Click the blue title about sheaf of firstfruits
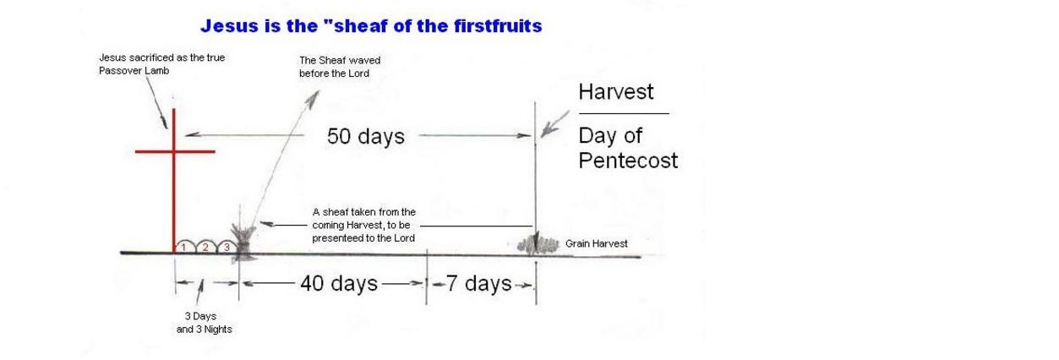(371, 25)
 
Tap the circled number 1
(183, 247)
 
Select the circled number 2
(205, 247)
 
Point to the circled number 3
(227, 247)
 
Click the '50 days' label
(365, 136)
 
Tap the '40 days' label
(339, 283)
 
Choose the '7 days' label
(479, 283)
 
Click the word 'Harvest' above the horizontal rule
(616, 91)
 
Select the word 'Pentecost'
(628, 161)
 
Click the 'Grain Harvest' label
(596, 243)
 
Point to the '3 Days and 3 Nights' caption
(204, 323)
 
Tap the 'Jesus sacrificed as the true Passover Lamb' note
(161, 63)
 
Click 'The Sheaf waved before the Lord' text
(340, 67)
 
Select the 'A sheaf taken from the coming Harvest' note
(363, 225)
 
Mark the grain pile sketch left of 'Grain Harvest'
(538, 245)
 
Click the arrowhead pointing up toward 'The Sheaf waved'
(313, 99)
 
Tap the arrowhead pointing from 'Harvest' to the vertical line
(548, 129)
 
